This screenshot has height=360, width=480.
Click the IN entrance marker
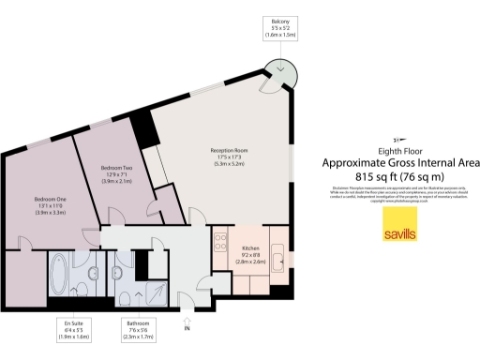click(x=187, y=327)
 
